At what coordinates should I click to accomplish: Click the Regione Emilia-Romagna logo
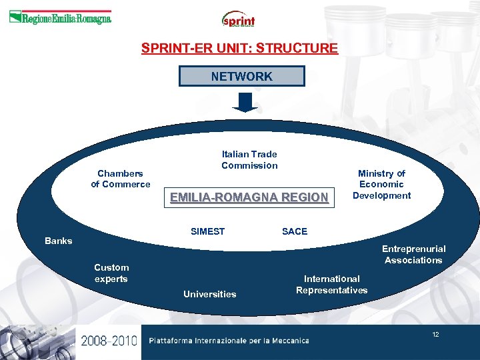click(x=60, y=18)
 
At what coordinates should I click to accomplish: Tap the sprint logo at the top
click(x=239, y=19)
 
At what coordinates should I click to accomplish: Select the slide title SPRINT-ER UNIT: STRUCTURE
click(x=239, y=48)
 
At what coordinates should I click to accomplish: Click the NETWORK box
click(x=241, y=76)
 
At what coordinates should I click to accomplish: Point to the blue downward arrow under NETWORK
click(x=245, y=102)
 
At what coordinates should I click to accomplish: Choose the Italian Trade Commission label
click(x=249, y=159)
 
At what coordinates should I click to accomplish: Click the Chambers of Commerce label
click(x=121, y=179)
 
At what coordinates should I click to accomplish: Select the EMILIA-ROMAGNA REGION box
click(x=249, y=197)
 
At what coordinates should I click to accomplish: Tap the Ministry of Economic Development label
click(x=381, y=184)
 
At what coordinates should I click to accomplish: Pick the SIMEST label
click(x=207, y=231)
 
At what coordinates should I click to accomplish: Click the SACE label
click(x=295, y=231)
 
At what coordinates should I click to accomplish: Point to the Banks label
click(x=58, y=241)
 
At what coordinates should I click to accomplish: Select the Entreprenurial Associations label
click(x=413, y=254)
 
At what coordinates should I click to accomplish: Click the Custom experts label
click(x=111, y=273)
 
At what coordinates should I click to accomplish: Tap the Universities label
click(x=209, y=294)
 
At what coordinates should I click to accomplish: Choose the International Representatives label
click(x=331, y=285)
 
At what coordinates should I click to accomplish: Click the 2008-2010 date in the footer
click(x=109, y=341)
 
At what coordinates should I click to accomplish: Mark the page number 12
click(x=435, y=334)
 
